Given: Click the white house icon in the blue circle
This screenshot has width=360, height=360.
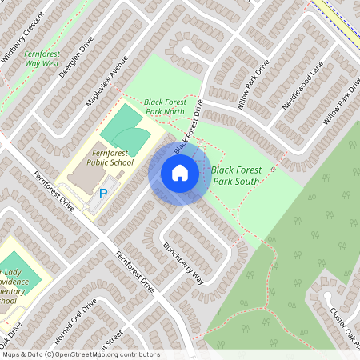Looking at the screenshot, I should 180,173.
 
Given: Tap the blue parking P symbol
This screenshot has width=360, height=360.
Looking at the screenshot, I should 103,193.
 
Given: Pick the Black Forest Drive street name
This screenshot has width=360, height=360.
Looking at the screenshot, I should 189,128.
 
